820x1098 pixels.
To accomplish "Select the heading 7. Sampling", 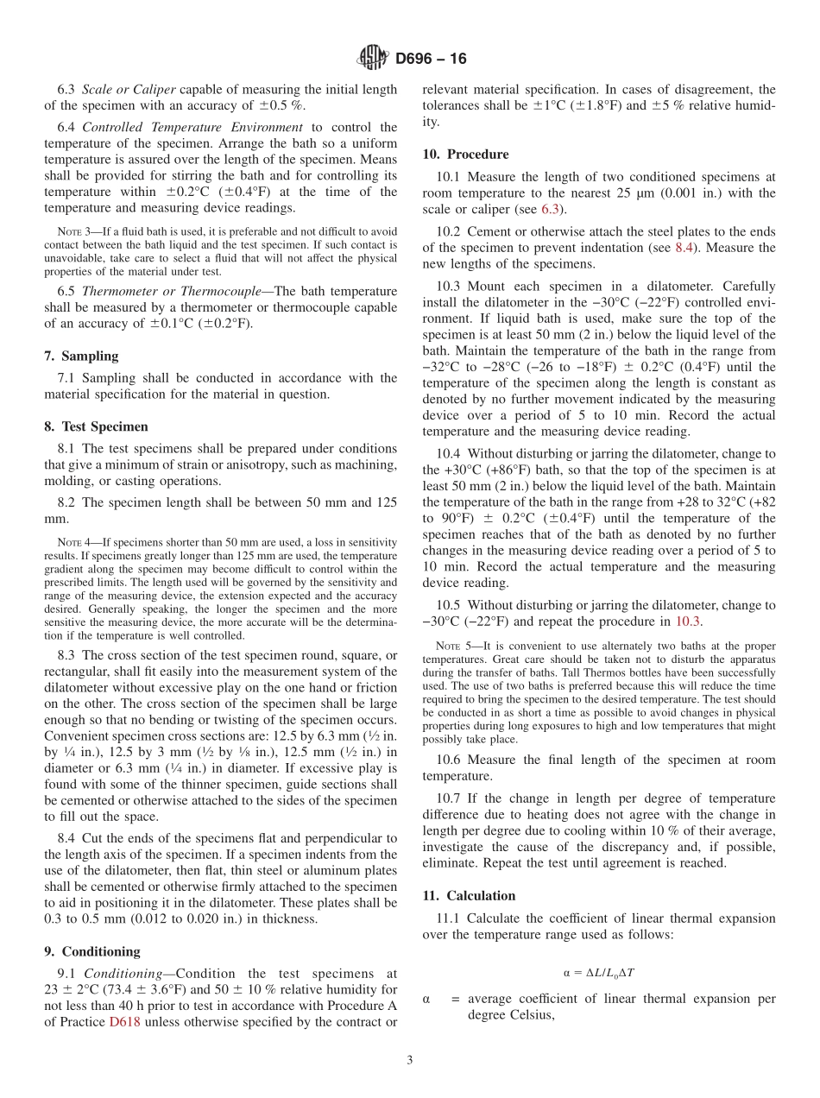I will (81, 357).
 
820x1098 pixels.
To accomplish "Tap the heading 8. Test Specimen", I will (96, 426).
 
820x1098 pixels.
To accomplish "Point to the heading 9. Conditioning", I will (91, 951).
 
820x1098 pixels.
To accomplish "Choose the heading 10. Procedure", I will (465, 155).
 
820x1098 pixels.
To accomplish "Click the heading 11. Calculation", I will (469, 895).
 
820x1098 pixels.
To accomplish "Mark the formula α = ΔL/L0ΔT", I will (598, 971).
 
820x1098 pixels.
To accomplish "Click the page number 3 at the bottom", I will (410, 1060).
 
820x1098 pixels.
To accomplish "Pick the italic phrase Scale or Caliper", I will (129, 90).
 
